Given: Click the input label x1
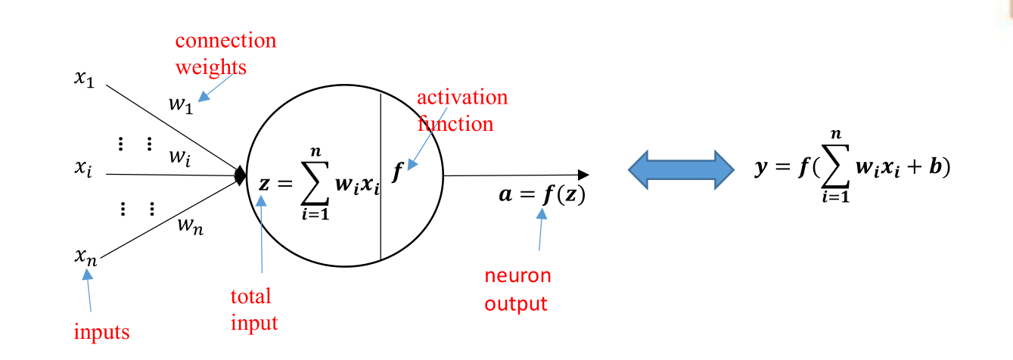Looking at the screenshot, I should click(84, 79).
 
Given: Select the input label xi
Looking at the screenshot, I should click(83, 167).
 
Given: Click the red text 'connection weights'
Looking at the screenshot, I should click(225, 54).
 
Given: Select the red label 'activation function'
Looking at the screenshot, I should click(461, 110).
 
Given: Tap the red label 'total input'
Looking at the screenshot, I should click(254, 309).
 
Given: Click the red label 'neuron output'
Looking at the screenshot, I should click(517, 290).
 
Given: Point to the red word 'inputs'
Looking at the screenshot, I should click(101, 331).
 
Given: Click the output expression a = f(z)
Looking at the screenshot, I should click(541, 194).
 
